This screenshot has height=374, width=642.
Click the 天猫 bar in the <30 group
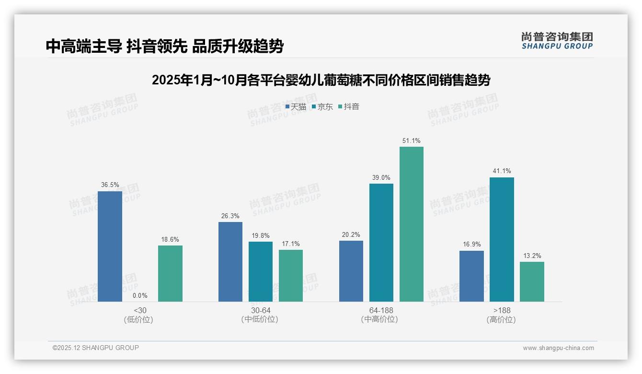pos(110,246)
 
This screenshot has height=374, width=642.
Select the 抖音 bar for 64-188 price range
pos(412,224)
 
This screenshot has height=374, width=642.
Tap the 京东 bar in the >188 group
pos(502,239)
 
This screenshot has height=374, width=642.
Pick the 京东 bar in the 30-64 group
pos(261,271)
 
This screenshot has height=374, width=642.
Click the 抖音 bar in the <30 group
pos(170,273)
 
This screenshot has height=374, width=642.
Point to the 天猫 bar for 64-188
pos(351,271)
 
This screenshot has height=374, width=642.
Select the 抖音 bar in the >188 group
pos(532,281)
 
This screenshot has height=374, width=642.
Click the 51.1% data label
pos(412,140)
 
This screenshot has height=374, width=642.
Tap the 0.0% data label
pos(140,295)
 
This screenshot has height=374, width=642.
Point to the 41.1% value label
pos(502,171)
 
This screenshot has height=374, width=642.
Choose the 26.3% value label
pos(230,216)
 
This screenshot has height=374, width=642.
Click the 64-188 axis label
pos(381,310)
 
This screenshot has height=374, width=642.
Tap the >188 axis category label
pos(502,310)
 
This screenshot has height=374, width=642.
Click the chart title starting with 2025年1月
pos(321,80)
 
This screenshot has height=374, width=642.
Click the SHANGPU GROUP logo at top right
pos(557,41)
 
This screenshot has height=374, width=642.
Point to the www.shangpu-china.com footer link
pos(558,348)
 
